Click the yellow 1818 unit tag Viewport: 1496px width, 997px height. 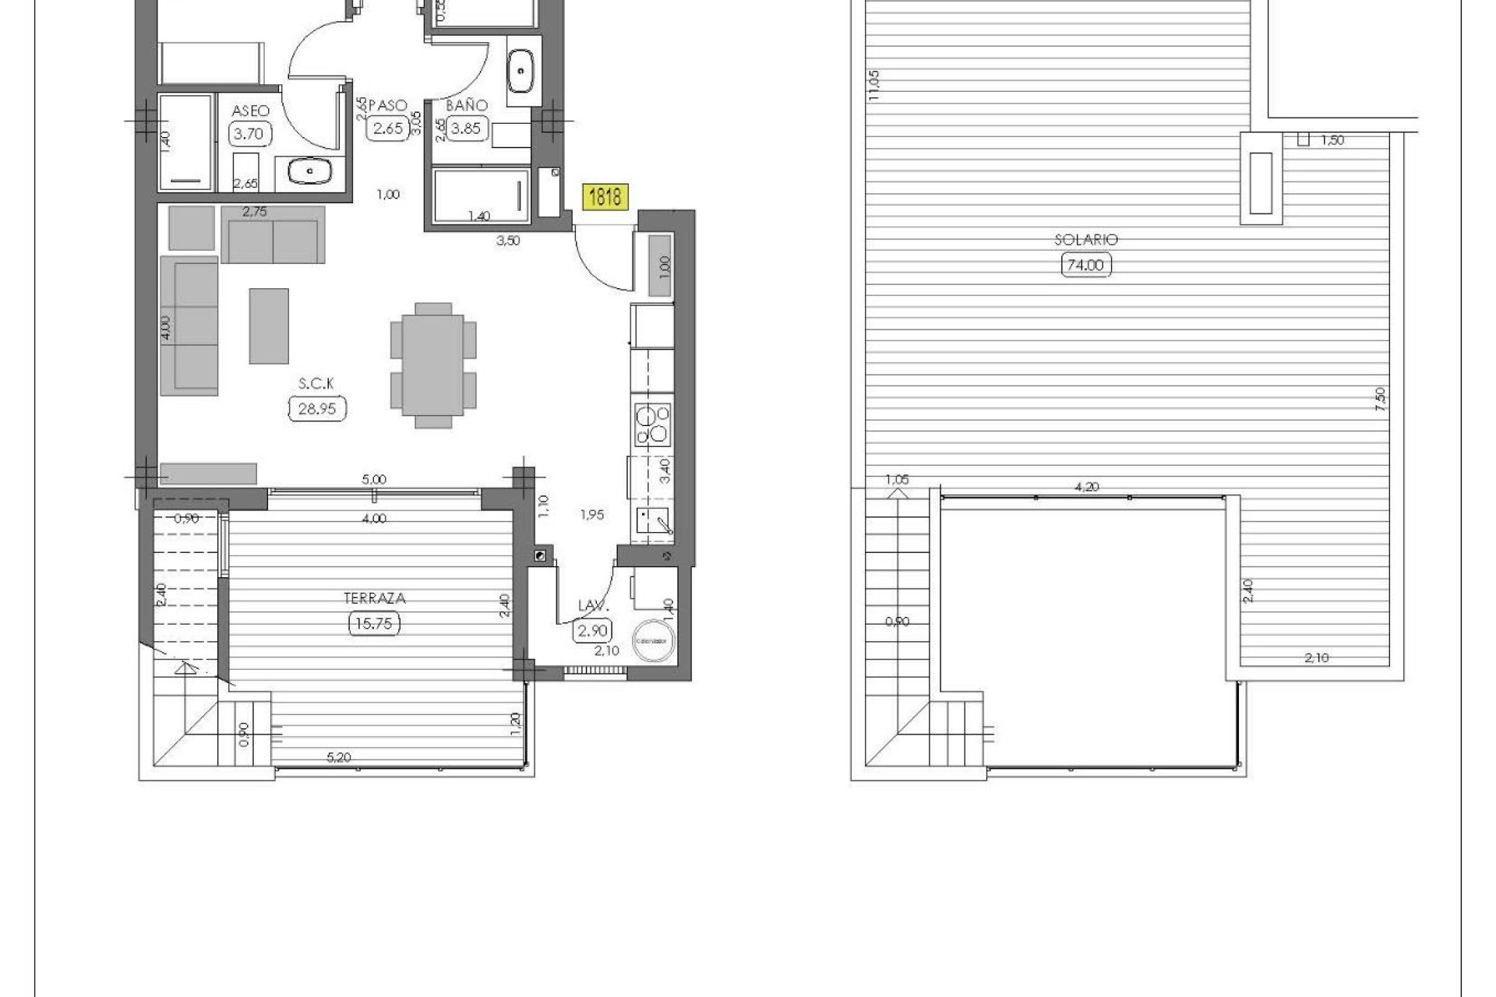(x=605, y=196)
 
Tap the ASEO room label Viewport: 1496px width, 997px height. (x=250, y=111)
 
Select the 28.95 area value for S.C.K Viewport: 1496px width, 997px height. (x=317, y=408)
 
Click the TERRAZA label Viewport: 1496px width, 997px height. (x=375, y=598)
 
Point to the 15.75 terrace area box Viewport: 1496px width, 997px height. (x=374, y=623)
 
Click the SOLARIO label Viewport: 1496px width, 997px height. (x=1085, y=240)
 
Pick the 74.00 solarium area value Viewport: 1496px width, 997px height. (x=1085, y=265)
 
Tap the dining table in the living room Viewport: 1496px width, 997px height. (x=433, y=365)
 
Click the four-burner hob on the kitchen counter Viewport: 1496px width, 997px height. (x=652, y=425)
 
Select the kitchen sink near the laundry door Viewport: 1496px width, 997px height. (x=651, y=520)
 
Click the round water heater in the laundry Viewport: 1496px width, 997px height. (x=653, y=640)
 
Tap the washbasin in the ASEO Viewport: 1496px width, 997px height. (x=310, y=171)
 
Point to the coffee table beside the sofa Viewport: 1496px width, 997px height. (x=269, y=326)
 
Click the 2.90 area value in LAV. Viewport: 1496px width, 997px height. (x=592, y=630)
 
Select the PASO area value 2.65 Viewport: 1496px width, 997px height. (x=387, y=129)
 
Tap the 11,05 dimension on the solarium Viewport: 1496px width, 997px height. (x=873, y=86)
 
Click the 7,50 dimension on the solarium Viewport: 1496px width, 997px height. (x=1380, y=399)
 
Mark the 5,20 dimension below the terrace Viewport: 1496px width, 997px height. (x=339, y=757)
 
